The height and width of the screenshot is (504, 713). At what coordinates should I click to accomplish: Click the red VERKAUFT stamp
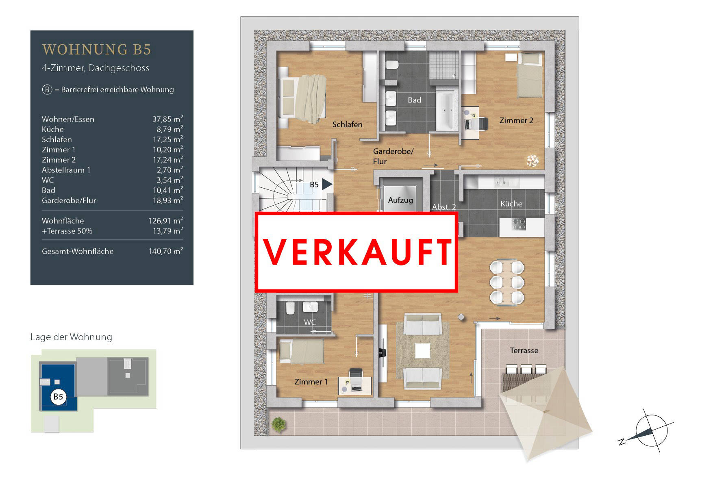356,252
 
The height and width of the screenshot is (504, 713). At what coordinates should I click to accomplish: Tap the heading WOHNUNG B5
97,50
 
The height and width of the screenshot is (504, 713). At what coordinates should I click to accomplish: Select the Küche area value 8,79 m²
167,129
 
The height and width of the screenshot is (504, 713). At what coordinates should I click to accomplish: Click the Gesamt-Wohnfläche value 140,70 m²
165,251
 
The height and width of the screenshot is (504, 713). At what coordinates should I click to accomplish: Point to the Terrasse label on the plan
524,350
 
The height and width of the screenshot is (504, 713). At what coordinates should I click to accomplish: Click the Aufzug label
400,200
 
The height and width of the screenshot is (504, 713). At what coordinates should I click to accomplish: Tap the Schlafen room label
347,124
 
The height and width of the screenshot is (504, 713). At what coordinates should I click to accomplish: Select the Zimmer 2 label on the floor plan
516,120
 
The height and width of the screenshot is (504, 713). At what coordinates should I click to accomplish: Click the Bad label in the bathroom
414,100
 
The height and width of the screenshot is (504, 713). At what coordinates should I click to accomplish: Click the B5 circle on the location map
58,396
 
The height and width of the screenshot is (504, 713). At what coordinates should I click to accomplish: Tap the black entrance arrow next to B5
327,185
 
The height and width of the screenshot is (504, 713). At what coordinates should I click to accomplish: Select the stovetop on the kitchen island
519,224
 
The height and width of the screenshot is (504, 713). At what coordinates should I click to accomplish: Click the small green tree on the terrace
278,425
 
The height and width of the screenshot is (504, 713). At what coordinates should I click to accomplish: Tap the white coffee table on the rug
422,351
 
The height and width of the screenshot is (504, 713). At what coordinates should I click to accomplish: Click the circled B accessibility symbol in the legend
47,89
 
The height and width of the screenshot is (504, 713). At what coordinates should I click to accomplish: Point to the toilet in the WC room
290,309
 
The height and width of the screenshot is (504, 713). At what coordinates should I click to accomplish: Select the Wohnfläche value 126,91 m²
165,220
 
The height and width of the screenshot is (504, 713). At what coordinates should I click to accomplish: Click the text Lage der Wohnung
71,337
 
